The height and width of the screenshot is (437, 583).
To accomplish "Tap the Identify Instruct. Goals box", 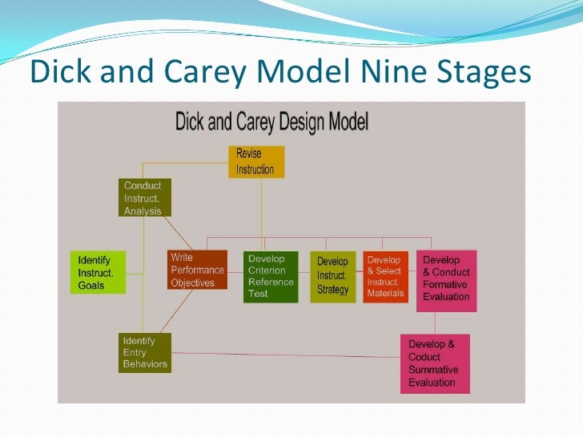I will (x=97, y=272).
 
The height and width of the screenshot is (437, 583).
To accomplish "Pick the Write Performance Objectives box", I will (x=197, y=271).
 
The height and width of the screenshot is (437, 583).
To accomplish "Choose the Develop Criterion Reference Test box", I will (x=271, y=276).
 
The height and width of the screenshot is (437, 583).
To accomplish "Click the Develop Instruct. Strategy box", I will (x=332, y=276).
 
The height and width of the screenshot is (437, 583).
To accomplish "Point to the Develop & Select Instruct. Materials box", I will (x=385, y=276).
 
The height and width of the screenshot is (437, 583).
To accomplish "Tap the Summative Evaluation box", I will (x=435, y=363).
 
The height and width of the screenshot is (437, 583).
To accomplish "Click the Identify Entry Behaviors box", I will (x=144, y=352).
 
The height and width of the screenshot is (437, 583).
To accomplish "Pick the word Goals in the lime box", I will (x=91, y=286).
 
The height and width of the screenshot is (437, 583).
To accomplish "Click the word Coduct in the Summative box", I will (x=424, y=357).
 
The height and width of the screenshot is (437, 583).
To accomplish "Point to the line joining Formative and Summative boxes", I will (x=435, y=323).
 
